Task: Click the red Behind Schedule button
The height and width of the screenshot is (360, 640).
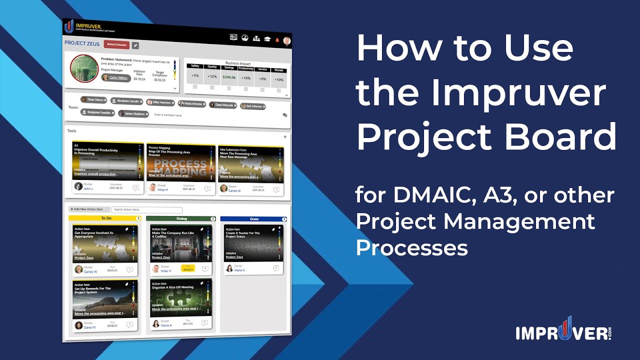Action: click(116, 44)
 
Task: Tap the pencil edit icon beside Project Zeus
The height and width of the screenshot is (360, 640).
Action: click(135, 45)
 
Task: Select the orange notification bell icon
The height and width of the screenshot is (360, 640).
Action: click(277, 39)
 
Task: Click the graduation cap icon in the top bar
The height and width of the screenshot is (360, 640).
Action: click(267, 39)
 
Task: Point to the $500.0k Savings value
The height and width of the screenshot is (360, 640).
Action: click(229, 77)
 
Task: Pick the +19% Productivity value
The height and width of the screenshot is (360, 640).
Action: click(245, 78)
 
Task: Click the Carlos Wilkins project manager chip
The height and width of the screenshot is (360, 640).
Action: click(115, 78)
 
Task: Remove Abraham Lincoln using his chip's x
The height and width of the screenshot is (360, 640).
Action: click(141, 101)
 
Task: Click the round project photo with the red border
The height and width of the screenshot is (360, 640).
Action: click(84, 68)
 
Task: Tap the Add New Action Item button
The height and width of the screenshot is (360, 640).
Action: click(88, 209)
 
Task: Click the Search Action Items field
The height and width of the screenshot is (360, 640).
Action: click(146, 210)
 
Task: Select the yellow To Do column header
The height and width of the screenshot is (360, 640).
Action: click(105, 218)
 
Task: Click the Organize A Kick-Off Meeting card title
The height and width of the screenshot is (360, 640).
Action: click(173, 287)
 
